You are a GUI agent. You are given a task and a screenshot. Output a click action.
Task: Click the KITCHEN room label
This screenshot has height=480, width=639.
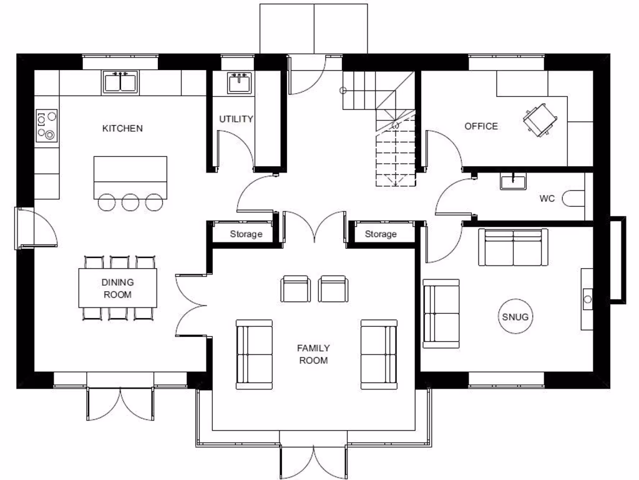122,128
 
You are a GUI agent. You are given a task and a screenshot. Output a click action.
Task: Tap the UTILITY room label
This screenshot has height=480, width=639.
236,119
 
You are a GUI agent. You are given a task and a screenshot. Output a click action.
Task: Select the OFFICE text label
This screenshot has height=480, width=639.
481,126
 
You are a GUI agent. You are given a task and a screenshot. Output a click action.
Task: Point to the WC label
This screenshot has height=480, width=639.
547,199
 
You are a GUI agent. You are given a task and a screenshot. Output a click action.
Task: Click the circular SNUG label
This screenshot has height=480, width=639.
515,317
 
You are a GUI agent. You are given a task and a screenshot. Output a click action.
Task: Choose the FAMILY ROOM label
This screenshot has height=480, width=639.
313,354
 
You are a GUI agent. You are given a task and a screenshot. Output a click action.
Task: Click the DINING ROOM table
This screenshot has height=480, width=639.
117,288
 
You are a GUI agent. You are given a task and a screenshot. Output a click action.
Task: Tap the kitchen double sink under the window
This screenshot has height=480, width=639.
121,82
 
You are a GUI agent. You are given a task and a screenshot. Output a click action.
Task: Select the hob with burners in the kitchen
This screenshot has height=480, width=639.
47,125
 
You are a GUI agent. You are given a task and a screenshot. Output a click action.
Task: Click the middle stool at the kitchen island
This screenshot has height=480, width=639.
130,201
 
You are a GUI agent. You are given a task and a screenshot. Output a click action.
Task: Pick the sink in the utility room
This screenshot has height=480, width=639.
240,82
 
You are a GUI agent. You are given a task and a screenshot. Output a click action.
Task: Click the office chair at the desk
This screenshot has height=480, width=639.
539,119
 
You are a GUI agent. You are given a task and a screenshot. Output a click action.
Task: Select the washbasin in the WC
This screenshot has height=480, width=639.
513,181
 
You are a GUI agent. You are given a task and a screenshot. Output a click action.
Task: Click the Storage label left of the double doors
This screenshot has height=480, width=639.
246,234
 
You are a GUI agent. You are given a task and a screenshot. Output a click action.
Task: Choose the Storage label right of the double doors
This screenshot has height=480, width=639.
381,234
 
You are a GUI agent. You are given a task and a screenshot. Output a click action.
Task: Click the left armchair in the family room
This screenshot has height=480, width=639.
295,289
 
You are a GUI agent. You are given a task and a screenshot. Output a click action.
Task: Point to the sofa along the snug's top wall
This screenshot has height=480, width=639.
513,247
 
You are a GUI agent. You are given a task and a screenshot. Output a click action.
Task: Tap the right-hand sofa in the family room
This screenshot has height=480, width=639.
379,354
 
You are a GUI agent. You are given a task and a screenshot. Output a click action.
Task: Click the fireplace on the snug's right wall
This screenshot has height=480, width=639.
587,299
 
